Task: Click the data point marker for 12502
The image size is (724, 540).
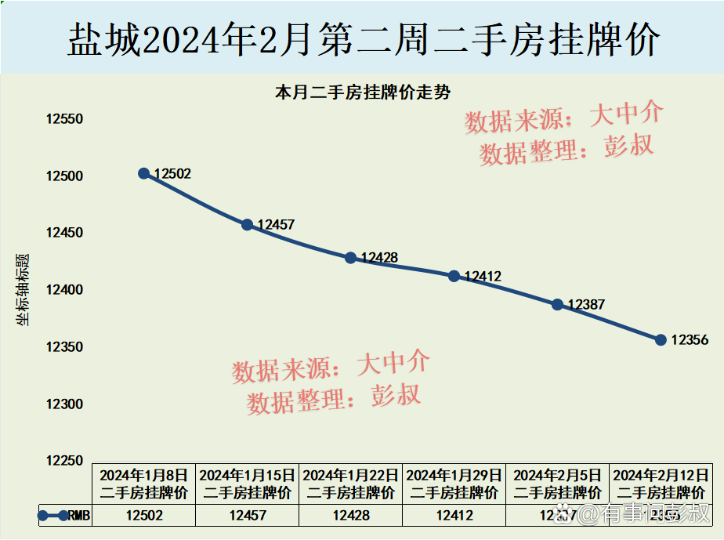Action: [x=144, y=173]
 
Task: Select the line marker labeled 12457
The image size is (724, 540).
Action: [x=248, y=225]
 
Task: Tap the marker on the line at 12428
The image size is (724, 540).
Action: [x=351, y=258]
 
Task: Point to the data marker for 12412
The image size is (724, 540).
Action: [x=454, y=276]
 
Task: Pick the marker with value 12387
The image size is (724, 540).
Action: [x=558, y=304]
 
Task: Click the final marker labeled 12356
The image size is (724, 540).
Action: [x=661, y=340]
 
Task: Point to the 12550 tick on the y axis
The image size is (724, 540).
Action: [x=64, y=120]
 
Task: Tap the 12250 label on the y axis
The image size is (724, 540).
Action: [x=64, y=461]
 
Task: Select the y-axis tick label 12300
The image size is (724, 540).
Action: [x=64, y=404]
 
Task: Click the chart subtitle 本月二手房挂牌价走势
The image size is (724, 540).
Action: [x=362, y=92]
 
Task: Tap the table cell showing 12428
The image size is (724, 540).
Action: [x=351, y=515]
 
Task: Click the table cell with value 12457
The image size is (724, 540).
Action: [x=248, y=515]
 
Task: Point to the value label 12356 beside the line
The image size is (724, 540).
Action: [x=690, y=340]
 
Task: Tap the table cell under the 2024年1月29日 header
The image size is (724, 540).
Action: [x=454, y=515]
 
